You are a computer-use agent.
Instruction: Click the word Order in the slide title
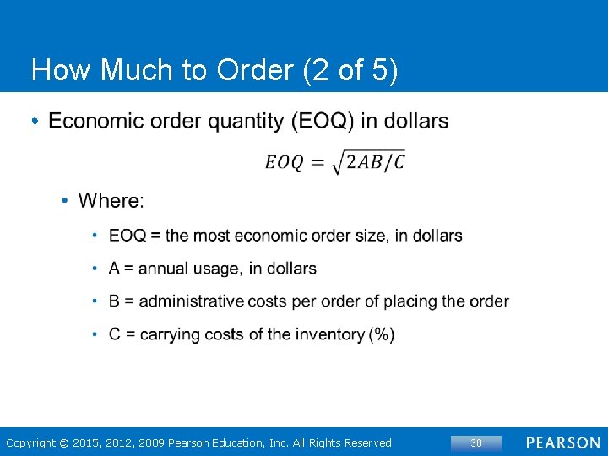(252, 71)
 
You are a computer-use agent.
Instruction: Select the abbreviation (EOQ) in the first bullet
(322, 122)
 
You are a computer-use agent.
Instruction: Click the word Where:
(111, 201)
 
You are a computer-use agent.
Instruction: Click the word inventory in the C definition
(330, 334)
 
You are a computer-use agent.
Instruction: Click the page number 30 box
(475, 442)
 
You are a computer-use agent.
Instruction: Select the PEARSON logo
(563, 442)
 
